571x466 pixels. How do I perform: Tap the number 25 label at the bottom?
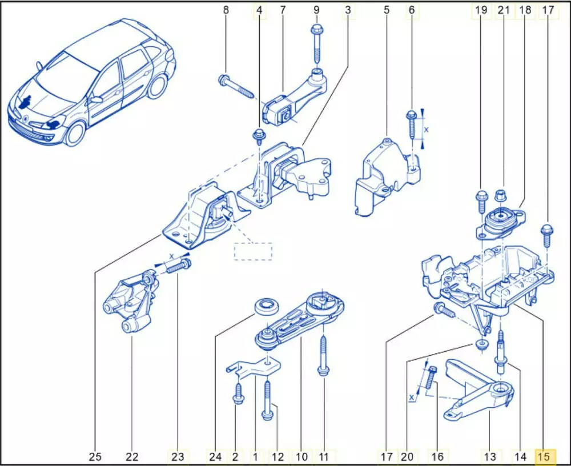(95, 456)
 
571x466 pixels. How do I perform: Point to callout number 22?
(132, 456)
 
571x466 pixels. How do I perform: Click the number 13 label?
(490, 456)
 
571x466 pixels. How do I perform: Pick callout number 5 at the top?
(387, 10)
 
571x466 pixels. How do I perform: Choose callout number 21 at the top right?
(503, 10)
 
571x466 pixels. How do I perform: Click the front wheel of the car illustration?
(75, 134)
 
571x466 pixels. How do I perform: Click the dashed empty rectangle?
(253, 251)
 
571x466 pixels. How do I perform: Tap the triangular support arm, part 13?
(480, 394)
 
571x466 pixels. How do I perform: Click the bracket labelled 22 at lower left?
(130, 303)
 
